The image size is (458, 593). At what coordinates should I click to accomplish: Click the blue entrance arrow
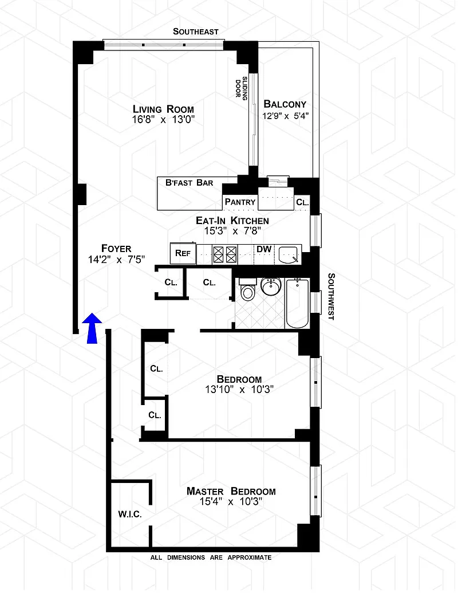click(92, 328)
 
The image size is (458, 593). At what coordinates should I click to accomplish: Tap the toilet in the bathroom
click(248, 289)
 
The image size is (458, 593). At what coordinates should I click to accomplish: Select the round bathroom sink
click(271, 286)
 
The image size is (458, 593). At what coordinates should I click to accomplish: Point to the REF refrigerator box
click(183, 253)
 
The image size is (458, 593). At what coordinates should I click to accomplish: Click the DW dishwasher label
click(264, 249)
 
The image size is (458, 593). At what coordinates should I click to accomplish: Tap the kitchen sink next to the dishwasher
click(289, 254)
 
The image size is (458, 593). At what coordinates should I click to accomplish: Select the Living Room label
click(163, 109)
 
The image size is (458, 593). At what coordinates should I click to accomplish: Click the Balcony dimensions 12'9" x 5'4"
click(286, 116)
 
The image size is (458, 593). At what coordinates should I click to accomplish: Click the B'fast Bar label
click(189, 183)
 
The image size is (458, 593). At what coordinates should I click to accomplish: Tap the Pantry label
click(240, 202)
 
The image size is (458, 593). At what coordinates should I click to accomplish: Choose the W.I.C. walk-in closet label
click(130, 515)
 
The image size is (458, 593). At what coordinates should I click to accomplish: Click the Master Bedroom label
click(231, 491)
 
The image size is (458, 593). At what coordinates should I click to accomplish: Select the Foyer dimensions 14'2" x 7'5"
click(117, 260)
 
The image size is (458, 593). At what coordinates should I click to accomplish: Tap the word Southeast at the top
click(196, 32)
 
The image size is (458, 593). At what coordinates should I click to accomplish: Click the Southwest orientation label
click(331, 297)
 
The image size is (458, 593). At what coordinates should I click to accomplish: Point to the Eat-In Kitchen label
click(232, 221)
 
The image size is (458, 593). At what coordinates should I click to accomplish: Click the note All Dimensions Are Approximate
click(211, 557)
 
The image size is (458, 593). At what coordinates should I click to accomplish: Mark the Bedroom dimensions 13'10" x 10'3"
click(239, 389)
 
